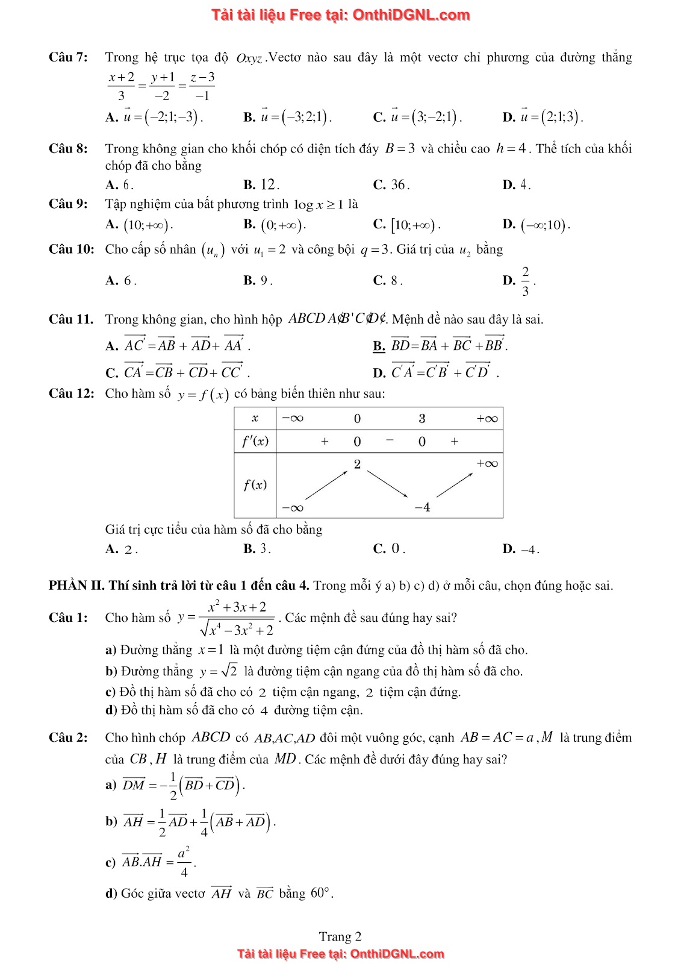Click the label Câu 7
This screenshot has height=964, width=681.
pyautogui.click(x=67, y=58)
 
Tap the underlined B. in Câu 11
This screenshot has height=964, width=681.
pyautogui.click(x=379, y=346)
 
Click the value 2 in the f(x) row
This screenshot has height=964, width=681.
pyautogui.click(x=357, y=464)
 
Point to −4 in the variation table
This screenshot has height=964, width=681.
pyautogui.click(x=422, y=507)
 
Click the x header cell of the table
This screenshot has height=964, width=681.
pyautogui.click(x=255, y=418)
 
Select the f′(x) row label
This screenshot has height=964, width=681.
pyautogui.click(x=255, y=441)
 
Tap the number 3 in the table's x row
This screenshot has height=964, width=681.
pyautogui.click(x=421, y=418)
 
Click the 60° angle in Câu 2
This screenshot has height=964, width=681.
pyautogui.click(x=321, y=893)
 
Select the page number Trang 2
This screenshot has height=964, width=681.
pyautogui.click(x=340, y=936)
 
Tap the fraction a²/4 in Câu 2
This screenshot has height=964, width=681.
pyautogui.click(x=184, y=862)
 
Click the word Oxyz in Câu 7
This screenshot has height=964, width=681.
pyautogui.click(x=249, y=59)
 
